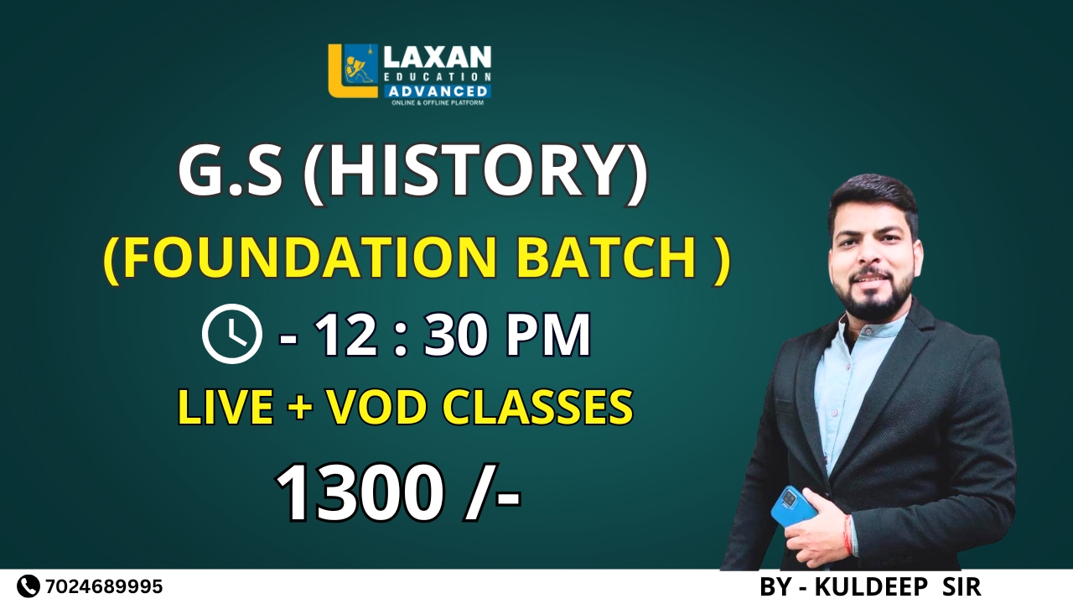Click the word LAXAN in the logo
(x=438, y=58)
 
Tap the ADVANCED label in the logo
(x=438, y=91)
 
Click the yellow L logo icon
(x=353, y=71)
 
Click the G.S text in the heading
(x=230, y=174)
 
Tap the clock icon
(x=232, y=334)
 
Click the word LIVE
(x=225, y=408)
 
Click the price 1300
(x=360, y=494)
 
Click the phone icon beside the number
(x=29, y=586)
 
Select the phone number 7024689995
(x=105, y=586)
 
